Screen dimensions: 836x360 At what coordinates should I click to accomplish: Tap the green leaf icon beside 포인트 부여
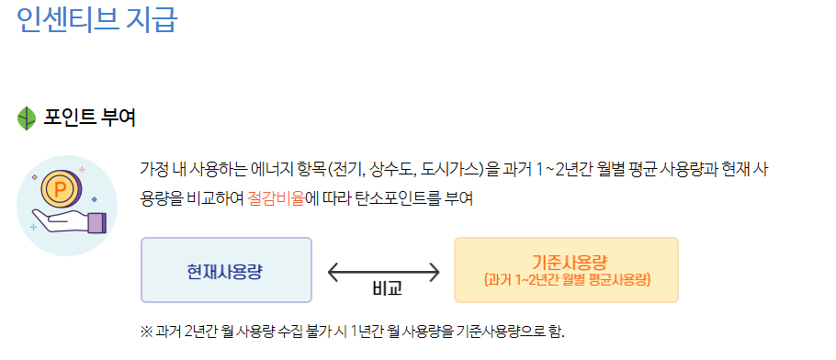[x=27, y=118]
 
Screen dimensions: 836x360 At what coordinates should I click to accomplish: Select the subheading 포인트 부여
[x=90, y=118]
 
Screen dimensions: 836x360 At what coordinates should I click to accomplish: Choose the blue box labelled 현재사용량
[x=226, y=270]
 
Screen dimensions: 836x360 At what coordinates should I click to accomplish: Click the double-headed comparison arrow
[x=384, y=271]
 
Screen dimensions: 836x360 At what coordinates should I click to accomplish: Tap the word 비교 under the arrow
[x=388, y=289]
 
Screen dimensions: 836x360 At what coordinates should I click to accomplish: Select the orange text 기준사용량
[x=566, y=262]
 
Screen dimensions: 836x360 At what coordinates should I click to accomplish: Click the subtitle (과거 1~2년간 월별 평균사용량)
[x=566, y=279]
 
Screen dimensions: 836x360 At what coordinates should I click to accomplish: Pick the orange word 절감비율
[x=275, y=197]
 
